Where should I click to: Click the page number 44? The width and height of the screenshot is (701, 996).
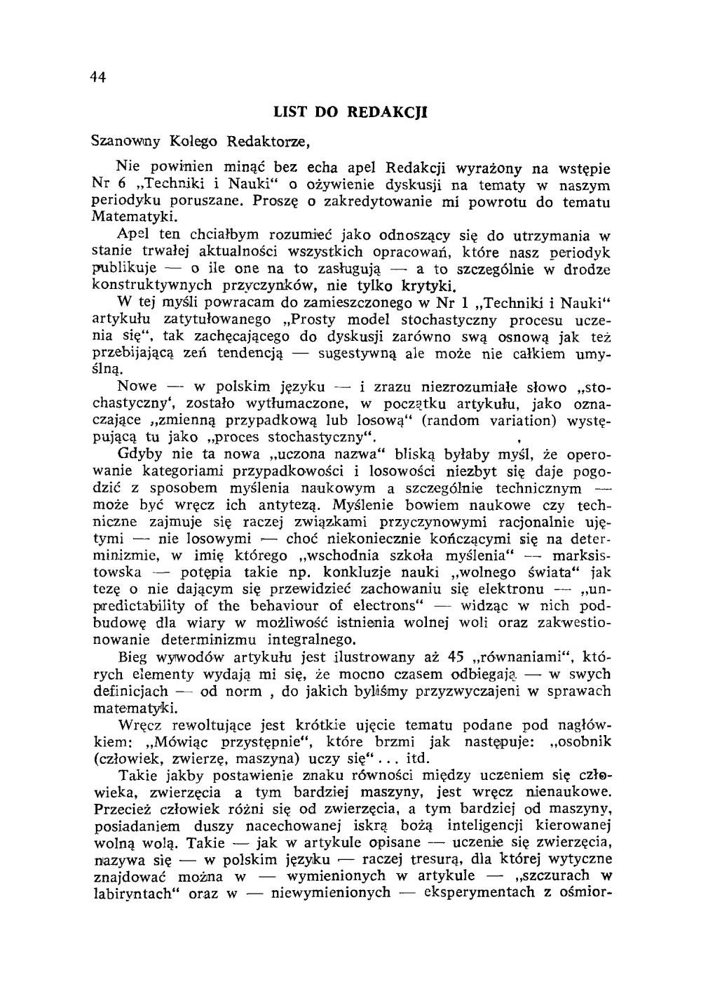97,79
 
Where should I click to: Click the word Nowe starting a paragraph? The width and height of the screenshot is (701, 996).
137,387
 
